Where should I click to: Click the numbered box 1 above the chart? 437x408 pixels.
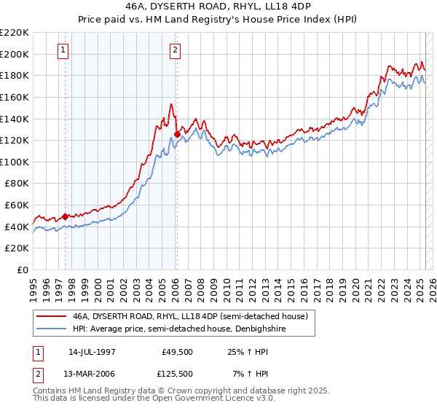point(63,50)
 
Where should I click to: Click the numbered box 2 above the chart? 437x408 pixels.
point(176,50)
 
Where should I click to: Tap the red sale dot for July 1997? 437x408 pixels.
point(65,216)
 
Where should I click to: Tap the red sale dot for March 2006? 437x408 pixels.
point(177,134)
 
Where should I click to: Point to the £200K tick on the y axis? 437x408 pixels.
point(15,54)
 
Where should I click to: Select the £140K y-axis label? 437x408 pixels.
point(15,119)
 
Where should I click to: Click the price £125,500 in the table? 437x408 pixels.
point(176,374)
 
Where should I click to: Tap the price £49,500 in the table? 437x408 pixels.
point(176,351)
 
